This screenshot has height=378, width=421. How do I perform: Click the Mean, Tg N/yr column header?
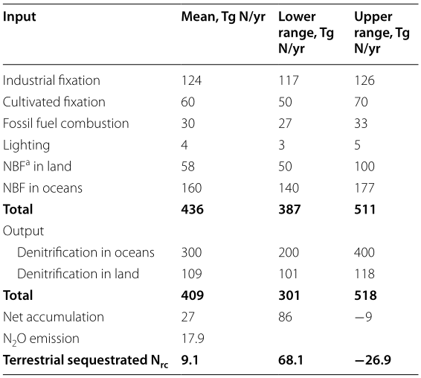click(x=223, y=17)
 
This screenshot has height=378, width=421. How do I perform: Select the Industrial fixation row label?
click(x=51, y=80)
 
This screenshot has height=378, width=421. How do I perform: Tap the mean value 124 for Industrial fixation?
click(x=191, y=80)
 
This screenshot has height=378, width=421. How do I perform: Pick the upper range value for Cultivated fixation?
click(x=361, y=102)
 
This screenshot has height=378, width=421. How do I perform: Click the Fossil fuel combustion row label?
click(x=66, y=124)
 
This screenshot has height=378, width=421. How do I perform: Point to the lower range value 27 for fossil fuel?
click(x=285, y=124)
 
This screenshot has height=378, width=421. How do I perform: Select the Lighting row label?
click(x=26, y=145)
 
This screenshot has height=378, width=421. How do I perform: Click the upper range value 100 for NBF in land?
click(x=364, y=166)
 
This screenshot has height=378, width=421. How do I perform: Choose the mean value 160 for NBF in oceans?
click(x=191, y=188)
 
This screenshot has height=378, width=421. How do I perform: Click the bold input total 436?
click(x=193, y=209)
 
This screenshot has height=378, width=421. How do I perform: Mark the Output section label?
click(x=23, y=231)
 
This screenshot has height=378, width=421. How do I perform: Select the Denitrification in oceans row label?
click(x=86, y=252)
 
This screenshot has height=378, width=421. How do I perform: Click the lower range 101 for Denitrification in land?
click(x=289, y=274)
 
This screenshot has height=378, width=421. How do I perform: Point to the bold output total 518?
click(x=365, y=295)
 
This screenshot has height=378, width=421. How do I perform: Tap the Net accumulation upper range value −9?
click(x=363, y=317)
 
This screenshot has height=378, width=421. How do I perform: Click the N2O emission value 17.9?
click(x=193, y=339)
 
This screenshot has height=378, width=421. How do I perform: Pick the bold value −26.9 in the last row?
click(x=373, y=359)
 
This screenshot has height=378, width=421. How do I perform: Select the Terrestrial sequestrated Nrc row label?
click(x=86, y=361)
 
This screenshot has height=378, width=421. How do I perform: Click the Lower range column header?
click(x=306, y=33)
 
